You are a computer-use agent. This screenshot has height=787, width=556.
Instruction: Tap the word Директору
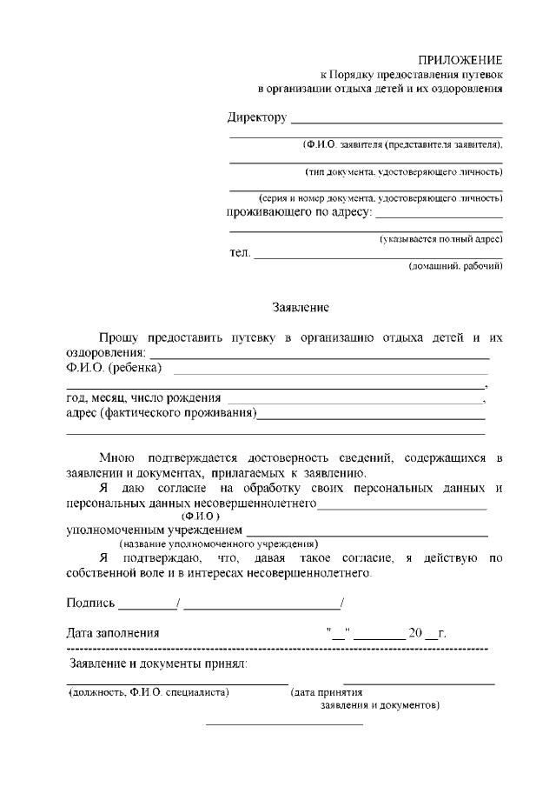pyautogui.click(x=257, y=117)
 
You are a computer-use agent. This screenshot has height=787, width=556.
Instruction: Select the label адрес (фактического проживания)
pyautogui.click(x=161, y=413)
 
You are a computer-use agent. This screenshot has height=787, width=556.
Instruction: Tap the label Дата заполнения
pyautogui.click(x=113, y=633)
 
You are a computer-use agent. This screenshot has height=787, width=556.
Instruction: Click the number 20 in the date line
pyautogui.click(x=414, y=633)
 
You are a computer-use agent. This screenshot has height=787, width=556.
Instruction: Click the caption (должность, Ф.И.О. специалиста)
pyautogui.click(x=149, y=693)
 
